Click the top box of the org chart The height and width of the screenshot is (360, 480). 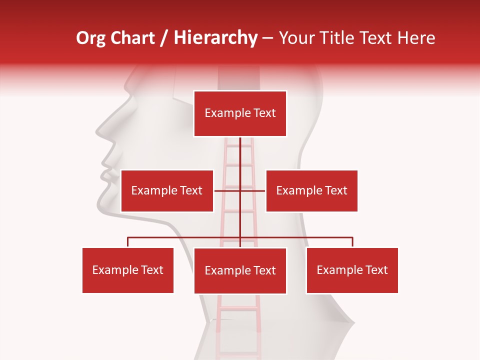pyautogui.click(x=240, y=113)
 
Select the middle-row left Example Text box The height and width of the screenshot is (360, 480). pyautogui.click(x=167, y=190)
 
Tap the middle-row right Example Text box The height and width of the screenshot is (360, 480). pyautogui.click(x=311, y=190)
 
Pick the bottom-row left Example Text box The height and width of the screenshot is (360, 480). pyautogui.click(x=128, y=270)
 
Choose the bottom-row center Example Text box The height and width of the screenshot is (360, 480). pyautogui.click(x=240, y=270)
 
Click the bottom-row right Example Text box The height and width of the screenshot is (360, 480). pyautogui.click(x=352, y=270)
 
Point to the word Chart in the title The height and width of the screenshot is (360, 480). pyautogui.click(x=132, y=38)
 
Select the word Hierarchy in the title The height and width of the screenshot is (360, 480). pyautogui.click(x=215, y=38)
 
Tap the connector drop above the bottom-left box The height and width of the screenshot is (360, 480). pyautogui.click(x=128, y=242)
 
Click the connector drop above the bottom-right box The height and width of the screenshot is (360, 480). pyautogui.click(x=352, y=242)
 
